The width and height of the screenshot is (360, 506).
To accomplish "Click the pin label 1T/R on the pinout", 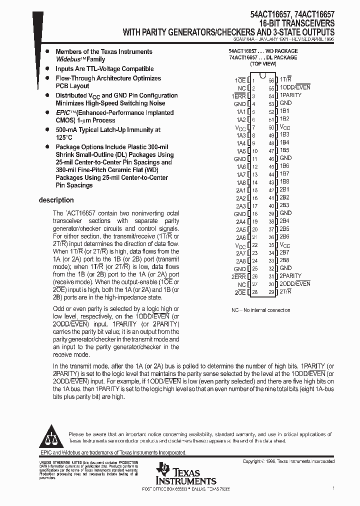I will (285, 79).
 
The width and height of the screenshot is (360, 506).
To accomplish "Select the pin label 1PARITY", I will (290, 95).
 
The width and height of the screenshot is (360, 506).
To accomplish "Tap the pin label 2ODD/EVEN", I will (294, 283).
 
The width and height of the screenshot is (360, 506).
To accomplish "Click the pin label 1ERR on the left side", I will (238, 95).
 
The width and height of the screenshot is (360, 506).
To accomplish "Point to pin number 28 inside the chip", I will (255, 292).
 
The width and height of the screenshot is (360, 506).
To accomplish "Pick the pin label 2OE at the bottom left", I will (240, 292).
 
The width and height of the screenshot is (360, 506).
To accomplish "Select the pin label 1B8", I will (284, 181).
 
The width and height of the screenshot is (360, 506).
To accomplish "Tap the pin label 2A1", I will (240, 190).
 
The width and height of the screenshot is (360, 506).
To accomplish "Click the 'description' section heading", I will (56, 200).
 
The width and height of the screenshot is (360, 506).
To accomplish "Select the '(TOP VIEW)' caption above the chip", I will (262, 64).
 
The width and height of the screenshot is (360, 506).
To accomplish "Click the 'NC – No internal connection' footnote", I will (260, 310).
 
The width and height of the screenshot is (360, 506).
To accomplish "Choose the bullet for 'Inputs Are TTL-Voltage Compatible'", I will (47, 69).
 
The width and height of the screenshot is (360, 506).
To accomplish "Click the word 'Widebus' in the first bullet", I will (68, 59).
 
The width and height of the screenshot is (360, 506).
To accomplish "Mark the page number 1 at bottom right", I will (333, 487).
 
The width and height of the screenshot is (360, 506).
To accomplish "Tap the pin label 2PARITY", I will (290, 276).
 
